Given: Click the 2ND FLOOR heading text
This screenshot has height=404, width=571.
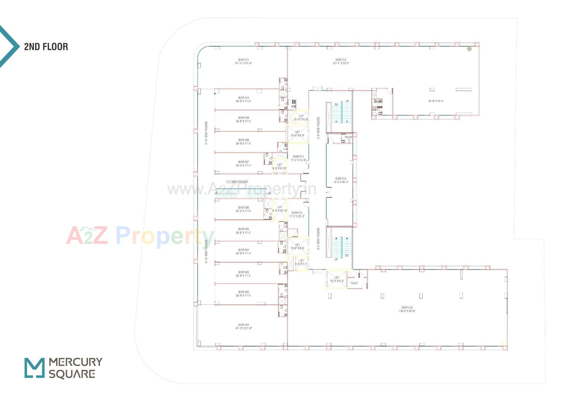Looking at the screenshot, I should tap(46, 47).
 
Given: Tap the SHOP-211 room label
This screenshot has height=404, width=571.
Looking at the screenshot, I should tap(243, 60).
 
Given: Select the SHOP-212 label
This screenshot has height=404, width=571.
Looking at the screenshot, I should tap(341, 60).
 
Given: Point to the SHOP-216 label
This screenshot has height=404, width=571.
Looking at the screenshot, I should tap(407, 307).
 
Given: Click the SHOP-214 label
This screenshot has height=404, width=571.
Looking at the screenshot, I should tap(341, 179).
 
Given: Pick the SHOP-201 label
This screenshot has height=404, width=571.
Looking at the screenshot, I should tap(244, 325).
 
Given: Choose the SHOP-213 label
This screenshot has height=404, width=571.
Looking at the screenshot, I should tap(298, 157).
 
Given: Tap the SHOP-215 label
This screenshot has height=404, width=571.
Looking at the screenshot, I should tap(297, 213).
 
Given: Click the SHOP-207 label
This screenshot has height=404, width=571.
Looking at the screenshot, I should tap(243, 162).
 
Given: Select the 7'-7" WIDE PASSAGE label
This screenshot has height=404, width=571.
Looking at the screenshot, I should tap(237, 182).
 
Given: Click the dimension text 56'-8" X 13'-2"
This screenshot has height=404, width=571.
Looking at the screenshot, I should tap(436, 101).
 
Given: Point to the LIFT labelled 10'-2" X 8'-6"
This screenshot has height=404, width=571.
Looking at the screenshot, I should tap(337, 279).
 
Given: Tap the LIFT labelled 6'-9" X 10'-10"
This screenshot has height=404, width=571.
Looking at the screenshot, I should tap(280, 209).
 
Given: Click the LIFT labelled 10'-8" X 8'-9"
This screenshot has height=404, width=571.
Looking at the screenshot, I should tap(297, 133).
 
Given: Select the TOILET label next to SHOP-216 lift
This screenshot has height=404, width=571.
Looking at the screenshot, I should tap(354, 283).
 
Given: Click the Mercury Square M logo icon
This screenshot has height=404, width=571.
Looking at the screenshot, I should tap(34, 368).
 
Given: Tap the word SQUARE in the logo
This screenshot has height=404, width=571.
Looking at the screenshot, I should tap(72, 374).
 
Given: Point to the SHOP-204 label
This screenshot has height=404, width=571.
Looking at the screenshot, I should tap(243, 250).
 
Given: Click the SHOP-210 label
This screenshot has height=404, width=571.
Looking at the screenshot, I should tap(243, 98).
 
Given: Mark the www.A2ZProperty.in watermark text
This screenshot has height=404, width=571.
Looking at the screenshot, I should tap(241, 189).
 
